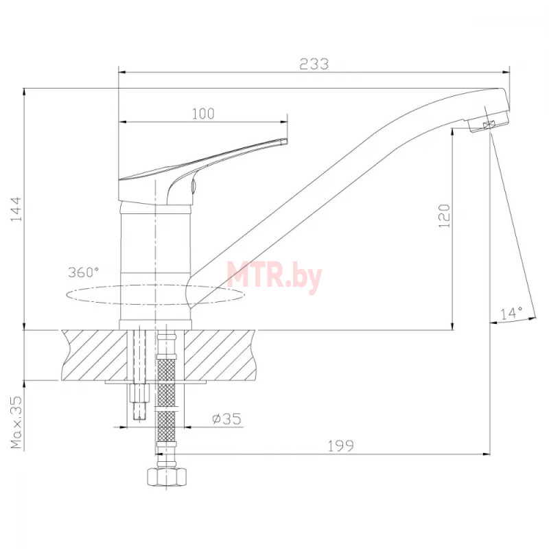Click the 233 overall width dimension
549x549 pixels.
(314, 64)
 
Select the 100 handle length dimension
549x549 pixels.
(203, 114)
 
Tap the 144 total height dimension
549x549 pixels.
(16, 209)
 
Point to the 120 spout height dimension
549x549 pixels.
(444, 215)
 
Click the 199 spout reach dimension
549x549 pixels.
(340, 445)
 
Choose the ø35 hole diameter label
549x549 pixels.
(227, 419)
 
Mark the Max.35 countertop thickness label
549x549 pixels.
(16, 422)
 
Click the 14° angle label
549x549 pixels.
(511, 313)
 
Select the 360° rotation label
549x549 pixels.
(83, 272)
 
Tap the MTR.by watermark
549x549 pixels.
(274, 277)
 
